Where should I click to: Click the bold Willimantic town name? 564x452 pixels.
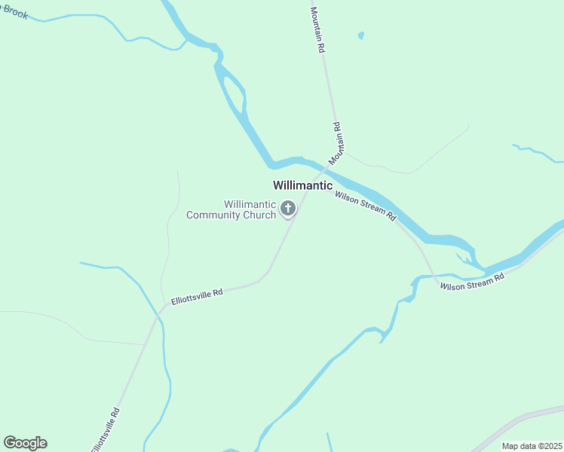pyautogui.click(x=302, y=185)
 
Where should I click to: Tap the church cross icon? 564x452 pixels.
pyautogui.click(x=288, y=209)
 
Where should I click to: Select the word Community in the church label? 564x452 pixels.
pyautogui.click(x=215, y=215)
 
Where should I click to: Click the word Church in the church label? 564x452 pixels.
pyautogui.click(x=260, y=215)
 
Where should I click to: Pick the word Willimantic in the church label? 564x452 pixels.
pyautogui.click(x=250, y=204)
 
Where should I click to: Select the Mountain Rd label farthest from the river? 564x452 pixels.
pyautogui.click(x=318, y=29)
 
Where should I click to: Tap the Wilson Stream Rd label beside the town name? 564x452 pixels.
pyautogui.click(x=366, y=205)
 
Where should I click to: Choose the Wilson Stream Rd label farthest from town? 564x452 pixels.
pyautogui.click(x=472, y=282)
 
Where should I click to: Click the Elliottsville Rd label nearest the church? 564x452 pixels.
pyautogui.click(x=198, y=295)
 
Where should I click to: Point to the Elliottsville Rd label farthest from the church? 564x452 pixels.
pyautogui.click(x=106, y=430)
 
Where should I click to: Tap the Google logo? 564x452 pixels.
pyautogui.click(x=25, y=443)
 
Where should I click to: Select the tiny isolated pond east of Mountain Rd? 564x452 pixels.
pyautogui.click(x=361, y=35)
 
